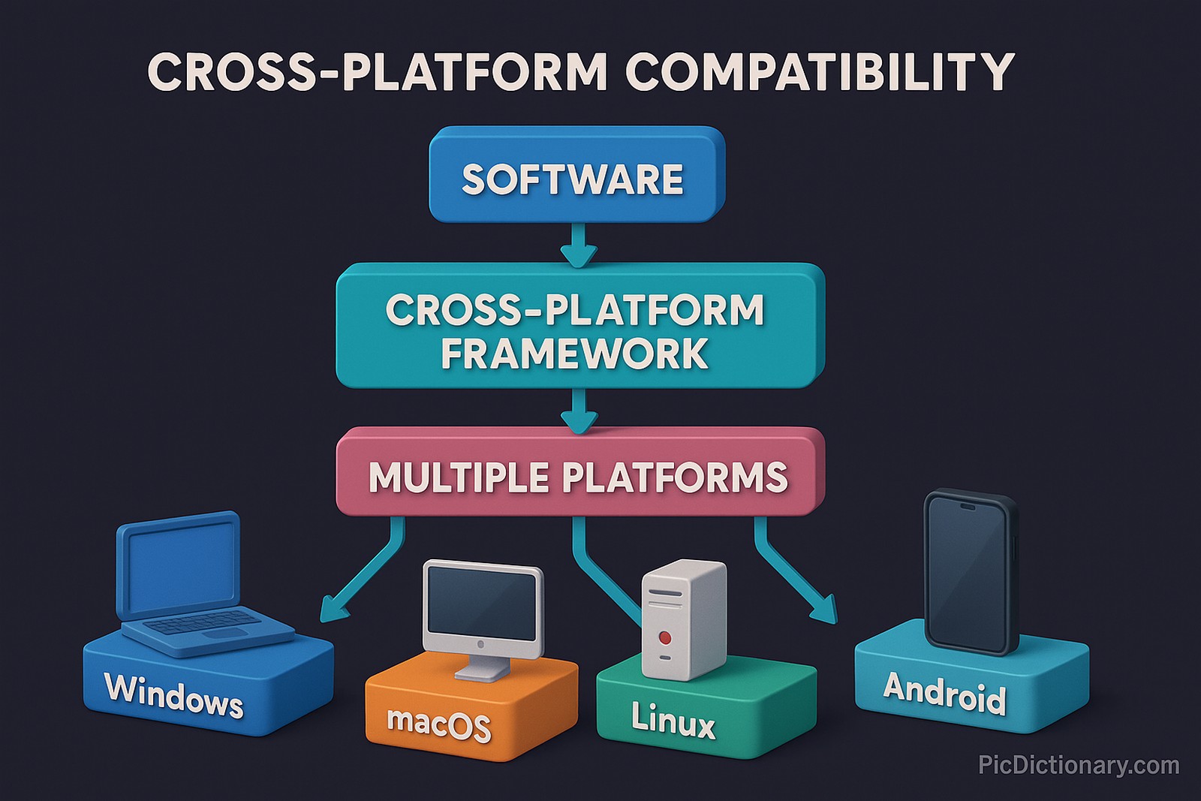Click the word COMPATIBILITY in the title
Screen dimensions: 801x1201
coord(819,72)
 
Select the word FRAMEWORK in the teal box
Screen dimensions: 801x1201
coord(574,354)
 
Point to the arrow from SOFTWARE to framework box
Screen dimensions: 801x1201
coord(578,245)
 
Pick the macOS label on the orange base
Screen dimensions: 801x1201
coord(439,724)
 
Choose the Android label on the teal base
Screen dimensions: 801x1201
coord(944,692)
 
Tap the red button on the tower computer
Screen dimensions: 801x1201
coord(664,637)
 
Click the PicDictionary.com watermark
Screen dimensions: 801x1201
coord(1079,766)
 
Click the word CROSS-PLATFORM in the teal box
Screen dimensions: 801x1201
coord(574,310)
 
